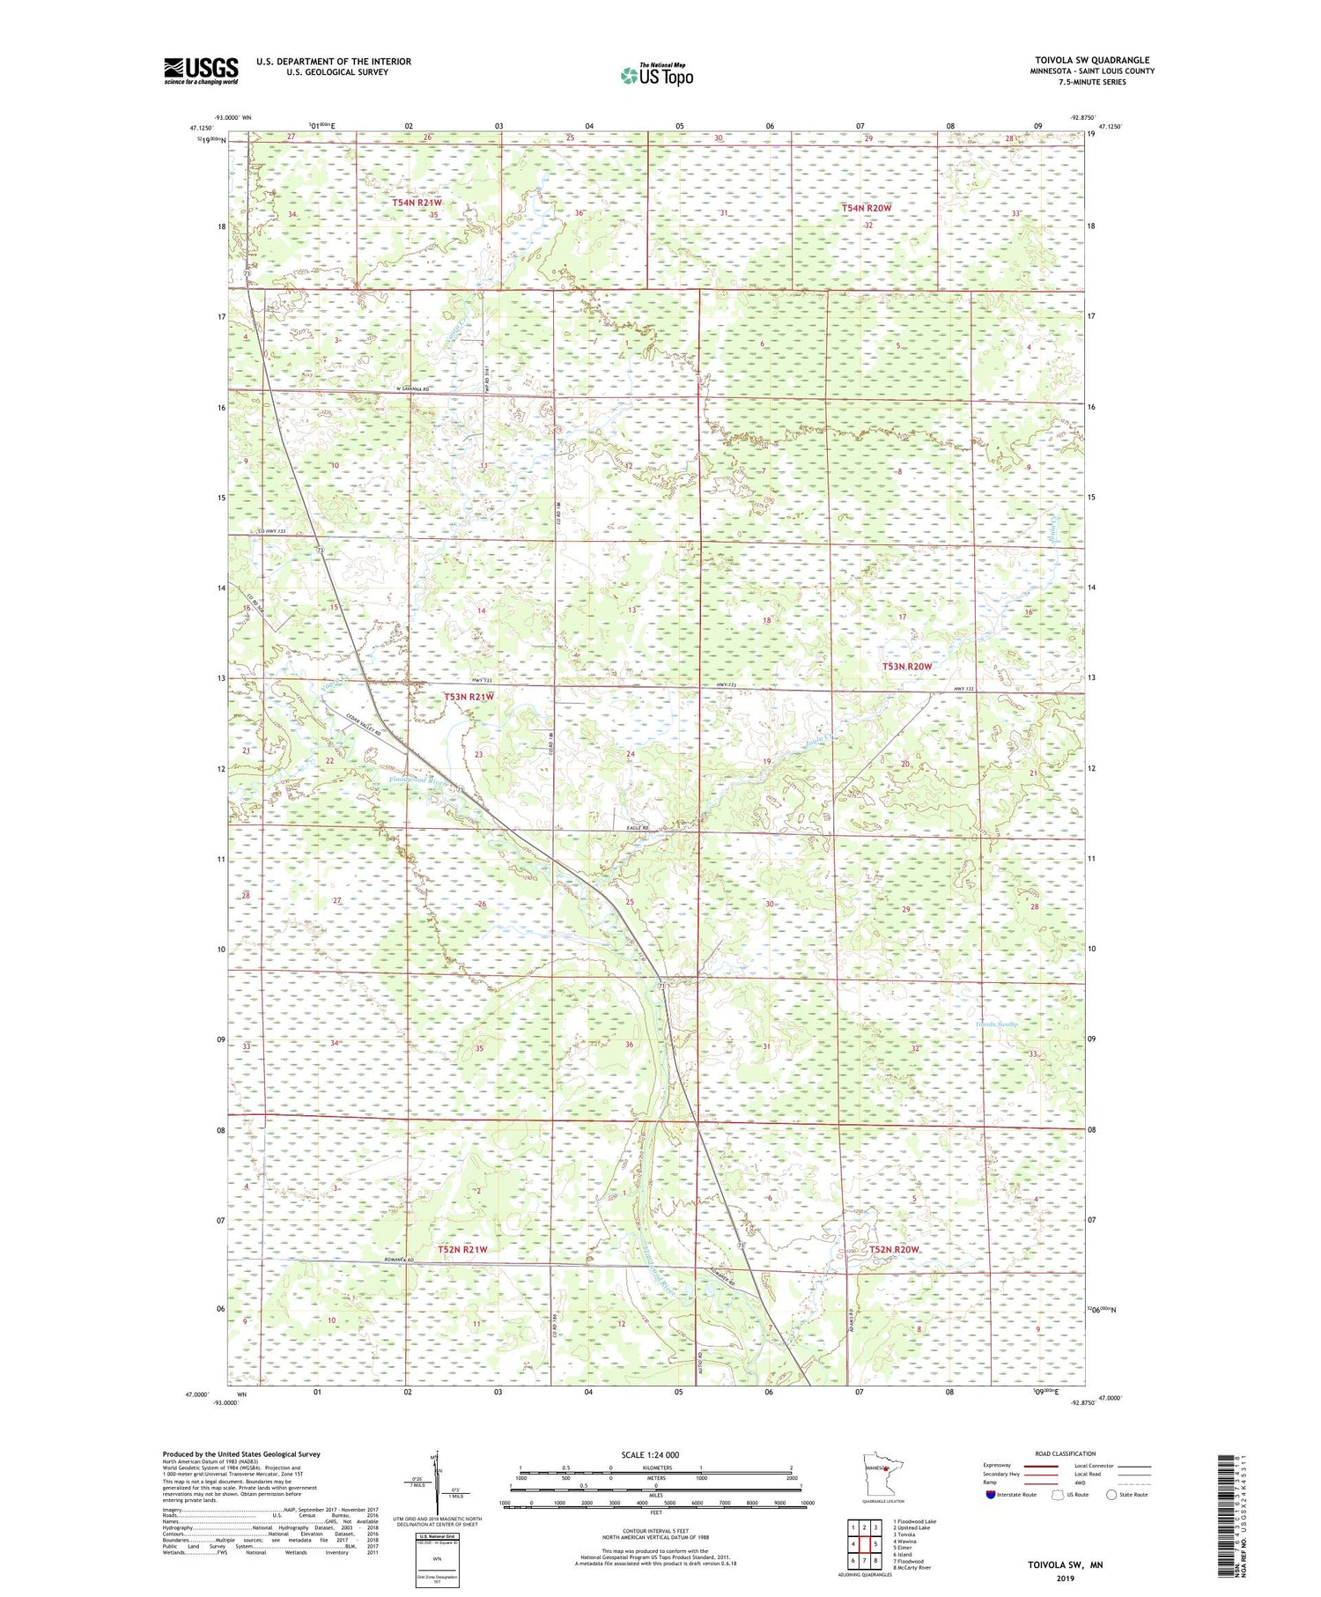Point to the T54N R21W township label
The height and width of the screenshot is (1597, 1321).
[x=417, y=203]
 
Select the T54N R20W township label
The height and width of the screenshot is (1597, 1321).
[x=867, y=208]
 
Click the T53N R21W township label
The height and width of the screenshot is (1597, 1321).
[x=469, y=697]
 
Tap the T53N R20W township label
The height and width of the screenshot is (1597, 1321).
[x=906, y=667]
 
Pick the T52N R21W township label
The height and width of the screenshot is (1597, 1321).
[x=462, y=1249]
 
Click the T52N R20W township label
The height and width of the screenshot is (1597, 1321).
[x=894, y=1250]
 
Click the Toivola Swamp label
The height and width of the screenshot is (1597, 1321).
[x=996, y=1024]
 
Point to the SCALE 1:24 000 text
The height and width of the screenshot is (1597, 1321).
[x=655, y=1454]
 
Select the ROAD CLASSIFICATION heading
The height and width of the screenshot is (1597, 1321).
[x=1065, y=1453]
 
